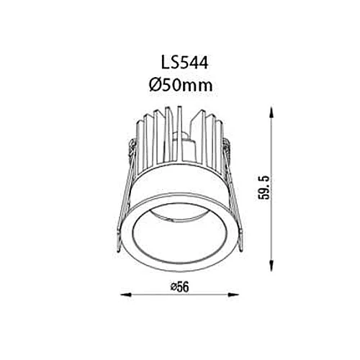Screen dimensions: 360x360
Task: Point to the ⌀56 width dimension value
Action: (179, 286)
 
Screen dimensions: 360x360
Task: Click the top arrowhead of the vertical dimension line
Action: (272, 111)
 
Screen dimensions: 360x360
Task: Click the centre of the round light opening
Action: (180, 229)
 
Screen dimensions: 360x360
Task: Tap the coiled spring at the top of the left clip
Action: (133, 150)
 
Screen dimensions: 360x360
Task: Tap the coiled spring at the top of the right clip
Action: (228, 150)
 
